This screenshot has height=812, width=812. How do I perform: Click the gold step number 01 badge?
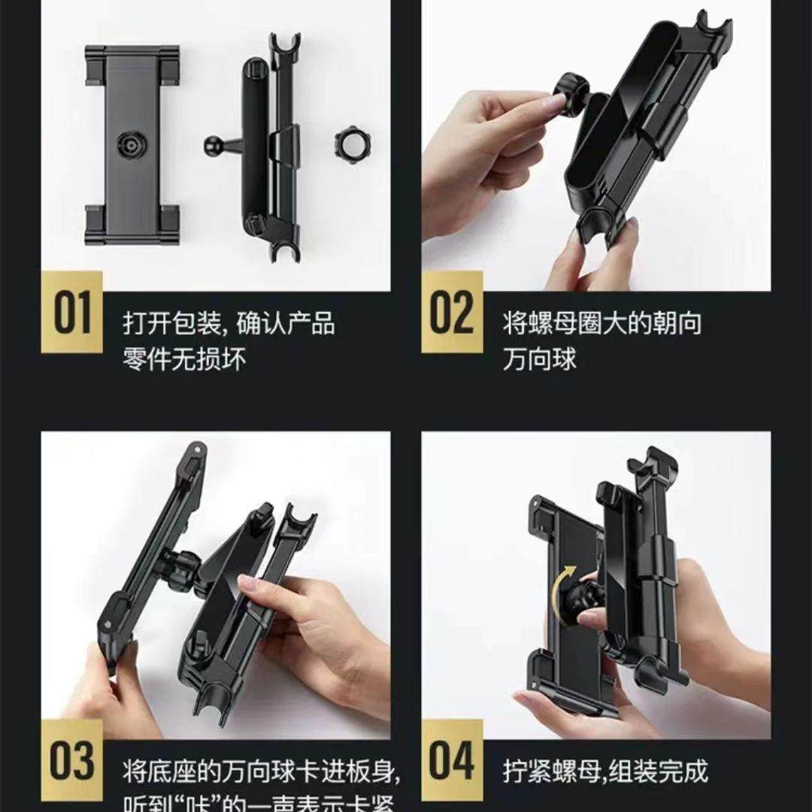[73, 313]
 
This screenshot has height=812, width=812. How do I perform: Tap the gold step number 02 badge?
[451, 313]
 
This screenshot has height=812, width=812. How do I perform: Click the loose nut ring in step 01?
[347, 140]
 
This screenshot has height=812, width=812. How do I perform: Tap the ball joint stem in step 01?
[220, 142]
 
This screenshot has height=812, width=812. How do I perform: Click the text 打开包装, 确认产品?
[229, 325]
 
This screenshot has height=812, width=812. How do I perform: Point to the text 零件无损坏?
[184, 359]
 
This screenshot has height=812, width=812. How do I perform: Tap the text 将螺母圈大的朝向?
[602, 325]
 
